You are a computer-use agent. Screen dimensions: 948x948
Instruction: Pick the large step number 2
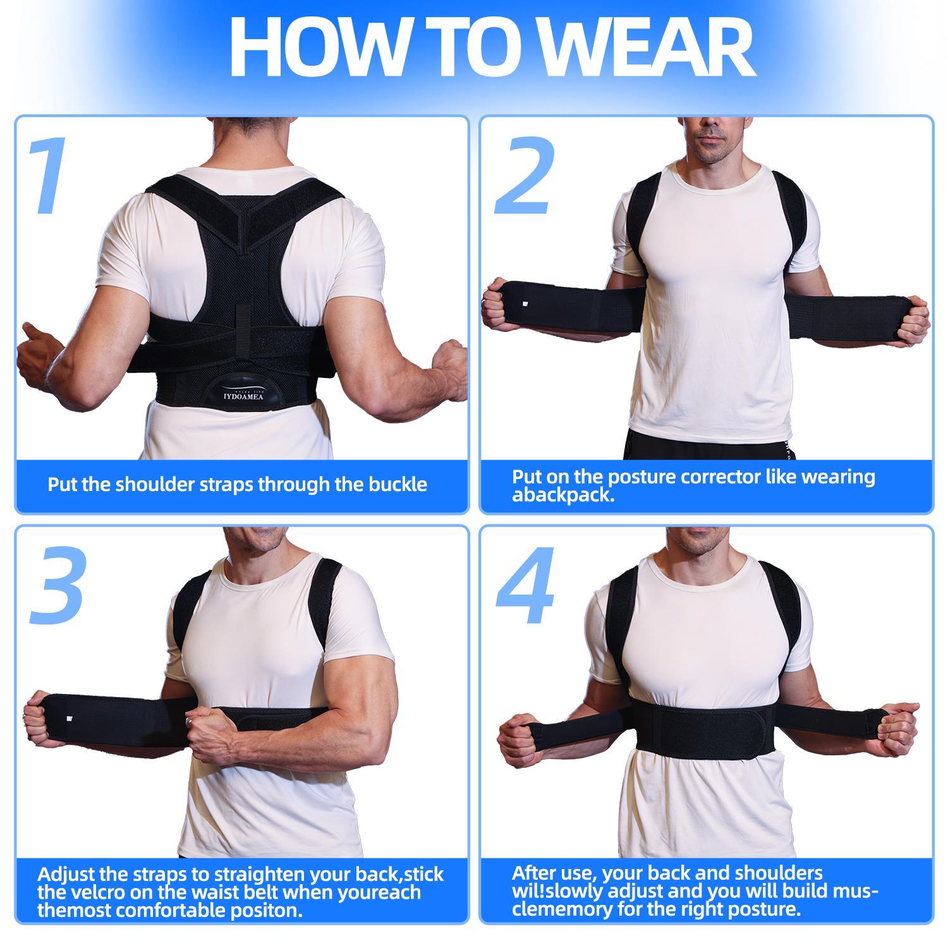[x=524, y=178]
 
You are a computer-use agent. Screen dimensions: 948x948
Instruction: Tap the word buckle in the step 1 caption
[x=398, y=485]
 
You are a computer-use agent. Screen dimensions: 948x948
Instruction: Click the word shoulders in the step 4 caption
[x=774, y=873]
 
